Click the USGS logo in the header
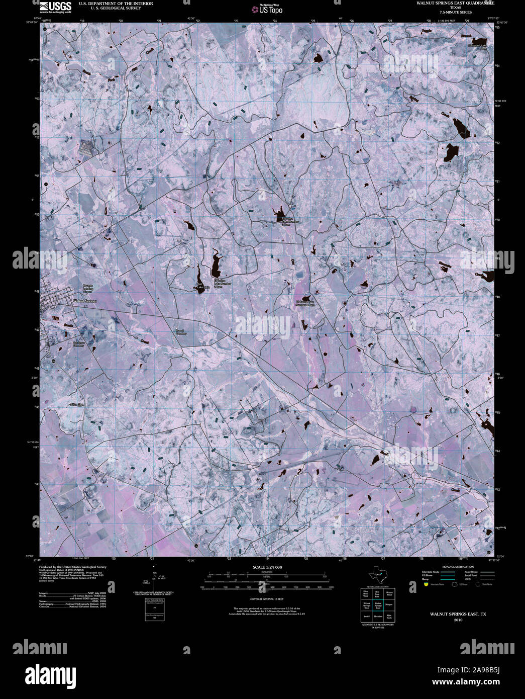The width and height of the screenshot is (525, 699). click(x=56, y=6)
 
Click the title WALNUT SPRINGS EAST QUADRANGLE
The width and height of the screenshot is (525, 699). click(x=455, y=3)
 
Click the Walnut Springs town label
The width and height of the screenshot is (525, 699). click(x=84, y=301)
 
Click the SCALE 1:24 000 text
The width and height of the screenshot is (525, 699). click(x=267, y=567)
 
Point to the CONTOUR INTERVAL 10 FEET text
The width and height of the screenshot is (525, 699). click(x=267, y=599)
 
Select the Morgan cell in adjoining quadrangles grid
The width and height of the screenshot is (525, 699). click(x=389, y=604)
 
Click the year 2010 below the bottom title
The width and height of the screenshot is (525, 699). click(x=458, y=620)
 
